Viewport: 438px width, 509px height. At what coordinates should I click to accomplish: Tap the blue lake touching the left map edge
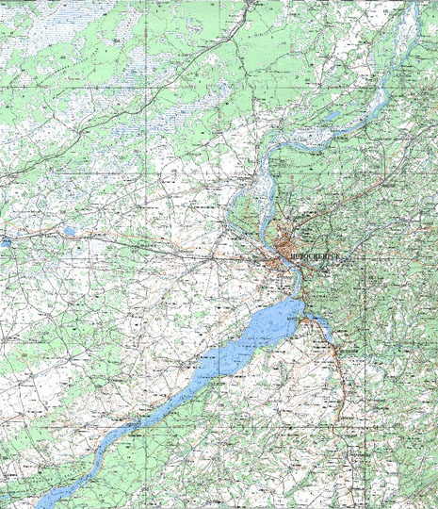(x=4, y=242)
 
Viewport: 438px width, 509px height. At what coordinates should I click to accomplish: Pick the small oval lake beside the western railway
(x=69, y=230)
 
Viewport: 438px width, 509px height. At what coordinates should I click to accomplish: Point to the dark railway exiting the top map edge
(x=251, y=5)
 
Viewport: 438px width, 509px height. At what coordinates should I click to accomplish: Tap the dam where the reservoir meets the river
(x=300, y=300)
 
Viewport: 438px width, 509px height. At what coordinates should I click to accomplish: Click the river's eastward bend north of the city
(x=268, y=151)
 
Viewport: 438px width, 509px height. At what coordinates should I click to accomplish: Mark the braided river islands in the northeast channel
(x=396, y=66)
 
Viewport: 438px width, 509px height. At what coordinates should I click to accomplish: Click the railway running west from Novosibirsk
(x=188, y=250)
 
